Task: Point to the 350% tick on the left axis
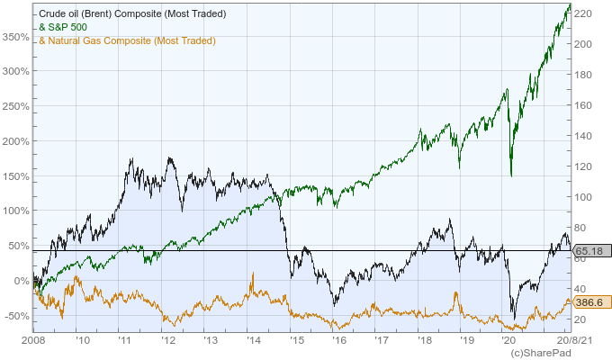point(14,37)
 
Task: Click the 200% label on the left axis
point(14,141)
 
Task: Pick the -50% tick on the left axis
point(14,316)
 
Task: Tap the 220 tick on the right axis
point(585,13)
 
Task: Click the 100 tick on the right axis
point(585,196)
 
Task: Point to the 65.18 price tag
point(588,250)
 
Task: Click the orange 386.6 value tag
point(588,304)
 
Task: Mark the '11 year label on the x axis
point(123,341)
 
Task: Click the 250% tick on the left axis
point(14,106)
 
